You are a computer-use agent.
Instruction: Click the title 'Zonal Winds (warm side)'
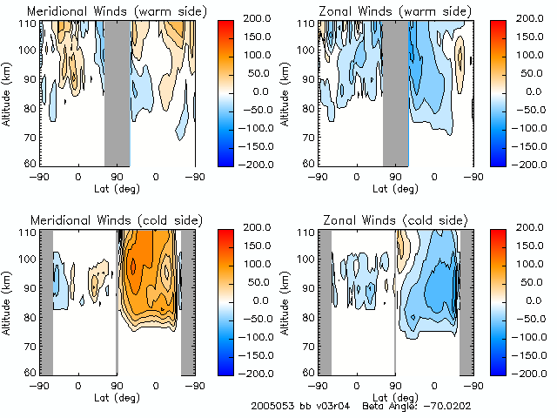384,10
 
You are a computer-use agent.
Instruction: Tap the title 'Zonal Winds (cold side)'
383,219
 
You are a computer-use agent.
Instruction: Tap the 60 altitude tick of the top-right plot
307,163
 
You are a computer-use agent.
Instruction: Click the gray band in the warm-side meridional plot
117,91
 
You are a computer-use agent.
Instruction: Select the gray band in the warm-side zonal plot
395,91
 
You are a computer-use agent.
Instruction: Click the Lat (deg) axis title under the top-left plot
117,187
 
